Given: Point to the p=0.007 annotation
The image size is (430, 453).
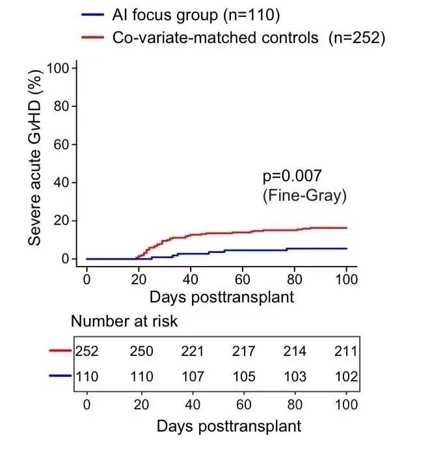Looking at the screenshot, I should click(292, 176).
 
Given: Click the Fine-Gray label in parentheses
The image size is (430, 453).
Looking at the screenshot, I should click(304, 196).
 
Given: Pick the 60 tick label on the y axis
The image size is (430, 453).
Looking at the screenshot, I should click(62, 144).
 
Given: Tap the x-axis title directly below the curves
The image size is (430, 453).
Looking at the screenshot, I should click(221, 298).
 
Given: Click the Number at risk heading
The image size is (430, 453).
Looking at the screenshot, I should click(124, 321).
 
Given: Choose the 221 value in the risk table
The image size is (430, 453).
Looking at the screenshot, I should click(193, 352).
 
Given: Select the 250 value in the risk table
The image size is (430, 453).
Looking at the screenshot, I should click(141, 352).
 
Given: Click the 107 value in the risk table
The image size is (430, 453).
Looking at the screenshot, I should click(193, 377).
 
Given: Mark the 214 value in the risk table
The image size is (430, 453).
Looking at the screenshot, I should click(295, 352).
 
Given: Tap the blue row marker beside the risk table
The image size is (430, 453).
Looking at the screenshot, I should click(60, 376).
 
